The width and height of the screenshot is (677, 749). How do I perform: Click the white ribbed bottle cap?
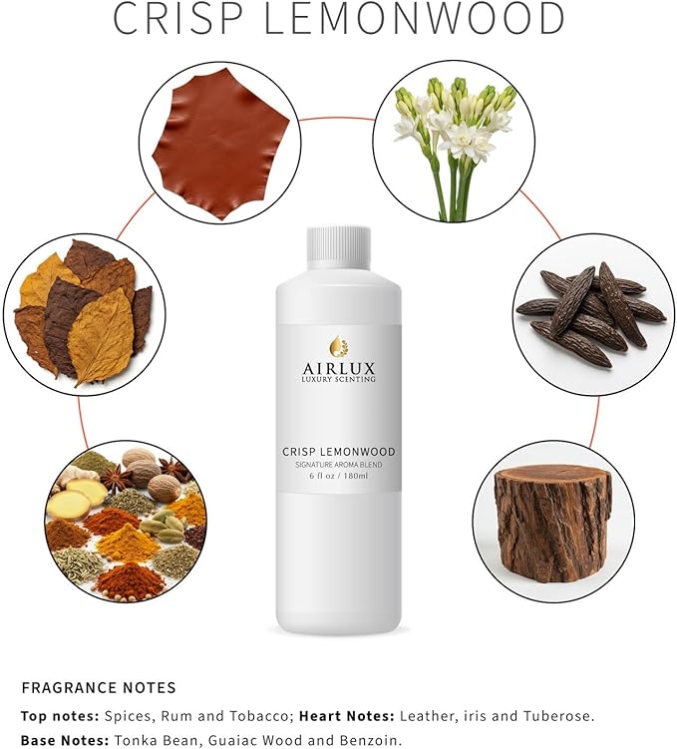pos(339,247)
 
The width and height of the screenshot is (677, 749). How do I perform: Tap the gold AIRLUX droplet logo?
pos(339,347)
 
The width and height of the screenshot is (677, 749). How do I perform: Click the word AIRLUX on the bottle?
pos(339,368)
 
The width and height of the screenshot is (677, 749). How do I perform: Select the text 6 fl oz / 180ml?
pos(339,476)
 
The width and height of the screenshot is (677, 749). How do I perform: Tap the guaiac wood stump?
pos(553,522)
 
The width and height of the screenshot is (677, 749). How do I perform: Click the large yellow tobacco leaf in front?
pos(101,336)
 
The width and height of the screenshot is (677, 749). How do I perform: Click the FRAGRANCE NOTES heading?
pos(99,688)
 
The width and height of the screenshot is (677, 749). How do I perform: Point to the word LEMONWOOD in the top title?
pos(414,18)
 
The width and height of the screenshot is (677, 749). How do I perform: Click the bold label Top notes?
pos(60,716)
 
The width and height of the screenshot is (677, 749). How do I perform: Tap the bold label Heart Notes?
pos(347,716)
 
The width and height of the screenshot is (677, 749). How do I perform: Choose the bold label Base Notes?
pos(66,740)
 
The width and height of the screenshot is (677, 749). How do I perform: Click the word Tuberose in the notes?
pos(559,716)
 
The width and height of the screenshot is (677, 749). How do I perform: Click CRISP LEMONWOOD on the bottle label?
pos(339,452)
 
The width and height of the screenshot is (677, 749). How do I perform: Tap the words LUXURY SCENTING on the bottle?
pos(339,379)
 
